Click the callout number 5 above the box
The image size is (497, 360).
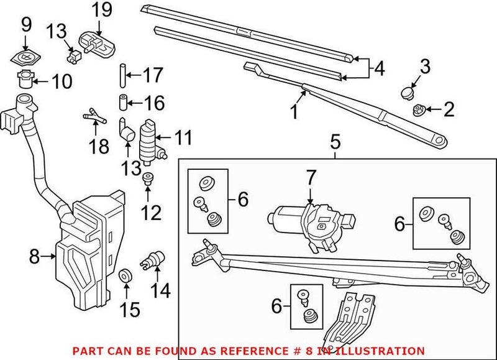[335, 143]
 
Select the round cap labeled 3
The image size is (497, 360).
[408, 93]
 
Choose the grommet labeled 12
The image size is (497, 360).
[148, 180]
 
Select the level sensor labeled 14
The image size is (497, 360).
[152, 259]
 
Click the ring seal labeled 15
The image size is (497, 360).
[125, 275]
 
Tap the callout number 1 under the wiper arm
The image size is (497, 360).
[293, 112]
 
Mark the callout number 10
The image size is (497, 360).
[62, 81]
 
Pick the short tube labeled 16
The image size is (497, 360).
[123, 100]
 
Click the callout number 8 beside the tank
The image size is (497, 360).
[35, 256]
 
